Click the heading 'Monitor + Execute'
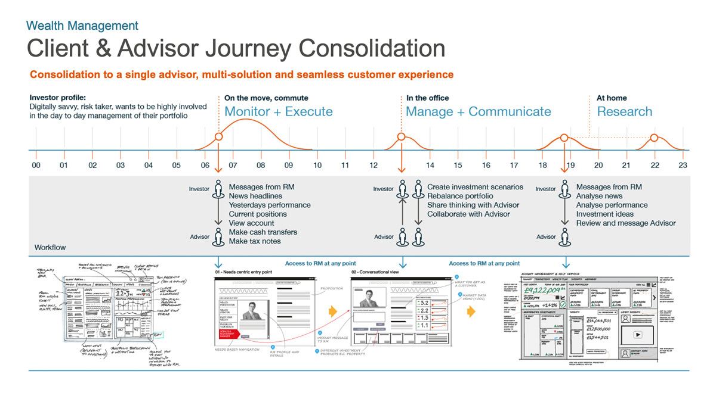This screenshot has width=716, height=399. coord(279,111)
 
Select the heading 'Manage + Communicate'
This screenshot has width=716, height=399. coord(479,111)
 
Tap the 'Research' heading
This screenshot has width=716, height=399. coord(625,111)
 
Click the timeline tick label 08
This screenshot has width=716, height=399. coord(261,165)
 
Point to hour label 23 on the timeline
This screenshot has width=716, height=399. coord(683,165)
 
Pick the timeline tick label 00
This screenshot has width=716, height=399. coord(36,165)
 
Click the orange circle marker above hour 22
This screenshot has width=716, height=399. coord(654,138)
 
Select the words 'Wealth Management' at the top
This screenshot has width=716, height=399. coord(82,26)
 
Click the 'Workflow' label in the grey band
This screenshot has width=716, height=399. coord(50,247)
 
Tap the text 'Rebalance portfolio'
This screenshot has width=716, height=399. coord(460,196)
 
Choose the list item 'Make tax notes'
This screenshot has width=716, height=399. coord(255,241)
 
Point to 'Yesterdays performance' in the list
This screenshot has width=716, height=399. coord(270,205)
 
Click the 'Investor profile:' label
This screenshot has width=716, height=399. coord(57,98)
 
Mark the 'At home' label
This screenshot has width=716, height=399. coord(612,98)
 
